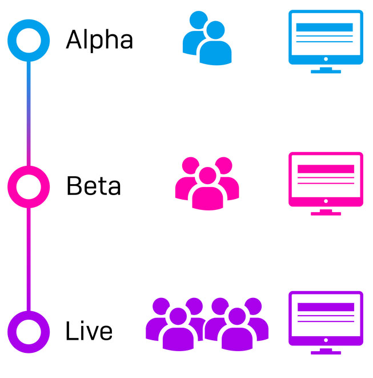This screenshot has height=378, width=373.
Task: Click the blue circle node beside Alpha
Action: (25, 40)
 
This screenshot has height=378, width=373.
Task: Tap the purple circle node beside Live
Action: (25, 331)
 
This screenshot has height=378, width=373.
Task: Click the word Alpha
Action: (99, 40)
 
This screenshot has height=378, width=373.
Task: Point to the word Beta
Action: (94, 185)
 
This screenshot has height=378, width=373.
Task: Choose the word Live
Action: (89, 331)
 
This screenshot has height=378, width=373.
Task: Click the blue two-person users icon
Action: (207, 39)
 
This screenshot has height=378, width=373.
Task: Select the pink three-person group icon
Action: (206, 182)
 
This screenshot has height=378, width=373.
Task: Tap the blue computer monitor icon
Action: (326, 40)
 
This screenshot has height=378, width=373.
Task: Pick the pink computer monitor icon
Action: (326, 182)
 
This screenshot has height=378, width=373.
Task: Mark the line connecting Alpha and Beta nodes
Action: (28, 112)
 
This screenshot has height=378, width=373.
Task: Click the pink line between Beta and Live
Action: (28, 257)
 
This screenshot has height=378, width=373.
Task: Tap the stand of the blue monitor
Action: (326, 69)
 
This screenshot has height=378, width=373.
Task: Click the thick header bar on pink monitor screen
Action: (326, 169)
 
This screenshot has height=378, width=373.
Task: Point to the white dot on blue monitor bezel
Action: (326, 58)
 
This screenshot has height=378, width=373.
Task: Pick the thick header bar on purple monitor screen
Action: (326, 307)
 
